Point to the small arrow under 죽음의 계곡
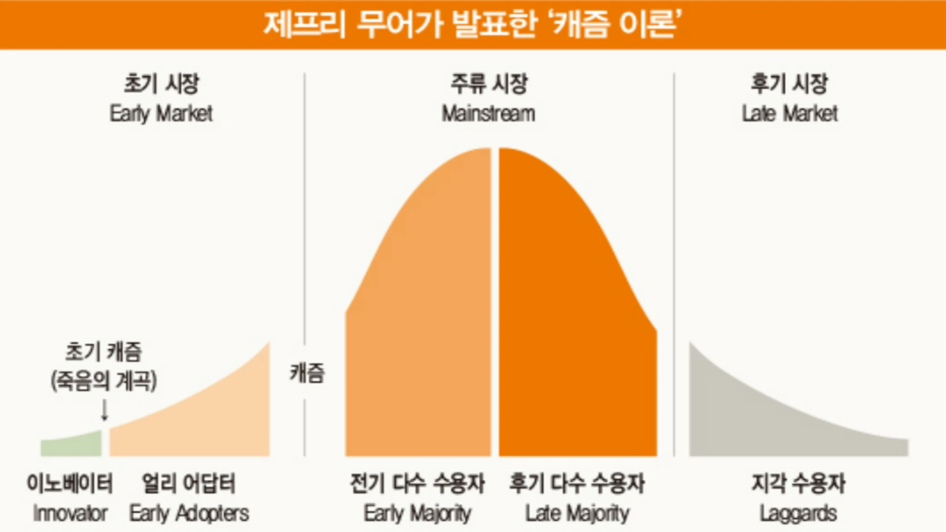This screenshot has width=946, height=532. (x=104, y=410)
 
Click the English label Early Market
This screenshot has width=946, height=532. (x=161, y=114)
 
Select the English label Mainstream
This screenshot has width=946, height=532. (x=488, y=114)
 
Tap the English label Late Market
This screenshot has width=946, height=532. (x=790, y=114)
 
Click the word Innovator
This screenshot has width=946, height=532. (x=70, y=514)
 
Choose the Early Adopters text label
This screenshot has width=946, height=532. (x=189, y=514)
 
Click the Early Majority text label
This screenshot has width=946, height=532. (x=417, y=514)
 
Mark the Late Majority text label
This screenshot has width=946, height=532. (x=577, y=514)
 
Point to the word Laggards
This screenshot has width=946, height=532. (x=798, y=514)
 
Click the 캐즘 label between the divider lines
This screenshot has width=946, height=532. (x=306, y=373)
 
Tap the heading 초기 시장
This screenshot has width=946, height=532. (x=162, y=83)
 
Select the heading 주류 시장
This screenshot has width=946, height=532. (x=489, y=83)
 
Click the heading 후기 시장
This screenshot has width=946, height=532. (x=789, y=83)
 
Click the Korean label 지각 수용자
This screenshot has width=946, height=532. (x=798, y=483)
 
